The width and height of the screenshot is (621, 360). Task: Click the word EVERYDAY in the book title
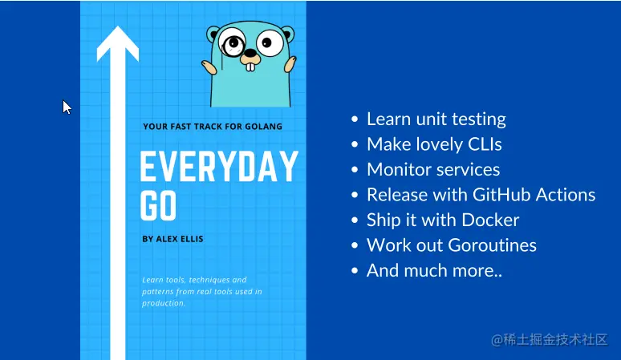tap(219, 167)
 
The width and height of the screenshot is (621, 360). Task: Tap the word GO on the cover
tap(158, 206)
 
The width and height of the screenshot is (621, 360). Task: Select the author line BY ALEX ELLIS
tap(172, 239)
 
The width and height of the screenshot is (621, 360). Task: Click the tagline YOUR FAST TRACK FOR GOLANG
tap(213, 127)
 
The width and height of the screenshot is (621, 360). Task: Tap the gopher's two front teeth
tap(250, 67)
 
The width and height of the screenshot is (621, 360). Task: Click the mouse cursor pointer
tap(67, 107)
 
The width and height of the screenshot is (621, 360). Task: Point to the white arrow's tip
tap(118, 26)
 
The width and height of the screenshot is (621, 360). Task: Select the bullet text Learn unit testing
tap(436, 119)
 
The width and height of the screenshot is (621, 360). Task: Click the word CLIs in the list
tap(485, 144)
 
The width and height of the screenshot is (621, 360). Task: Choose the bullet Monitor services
tap(433, 170)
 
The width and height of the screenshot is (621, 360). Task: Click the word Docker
tap(490, 220)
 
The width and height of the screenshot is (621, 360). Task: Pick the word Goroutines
tap(493, 245)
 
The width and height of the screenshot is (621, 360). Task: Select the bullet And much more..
tap(434, 270)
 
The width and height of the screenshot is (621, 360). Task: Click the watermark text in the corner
tap(550, 340)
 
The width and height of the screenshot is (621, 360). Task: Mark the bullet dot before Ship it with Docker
tap(355, 220)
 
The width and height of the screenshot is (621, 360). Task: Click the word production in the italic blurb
tap(164, 303)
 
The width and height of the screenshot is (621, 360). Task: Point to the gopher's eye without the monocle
tap(270, 42)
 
